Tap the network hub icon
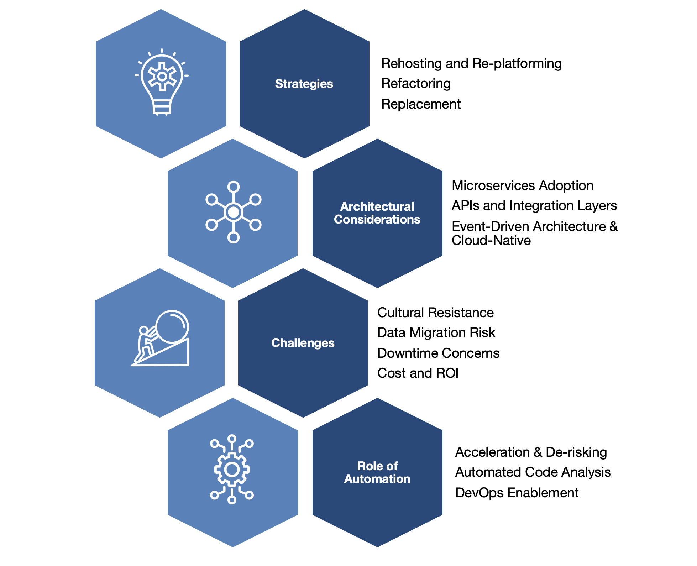(x=233, y=212)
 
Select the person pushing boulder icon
(x=161, y=339)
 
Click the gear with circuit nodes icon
(x=232, y=469)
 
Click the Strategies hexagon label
(x=304, y=84)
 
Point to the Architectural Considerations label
(x=377, y=213)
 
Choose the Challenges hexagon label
(x=303, y=343)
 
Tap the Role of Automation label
(x=377, y=472)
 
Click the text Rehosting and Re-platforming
(x=471, y=63)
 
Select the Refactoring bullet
(x=416, y=83)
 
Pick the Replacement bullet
(x=421, y=104)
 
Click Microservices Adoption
(x=522, y=185)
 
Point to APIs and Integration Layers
(x=534, y=205)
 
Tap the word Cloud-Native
(x=491, y=241)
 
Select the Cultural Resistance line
(x=435, y=313)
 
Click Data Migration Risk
(x=436, y=332)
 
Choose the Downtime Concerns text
(x=438, y=353)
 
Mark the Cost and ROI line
(x=418, y=373)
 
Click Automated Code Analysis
(x=533, y=472)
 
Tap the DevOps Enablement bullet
(x=517, y=493)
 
